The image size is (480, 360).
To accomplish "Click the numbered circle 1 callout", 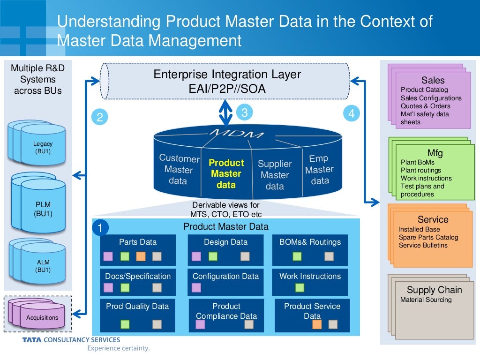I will tap(100, 228).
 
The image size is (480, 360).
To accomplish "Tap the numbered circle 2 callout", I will tap(100, 117).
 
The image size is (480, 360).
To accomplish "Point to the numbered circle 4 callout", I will tap(352, 113).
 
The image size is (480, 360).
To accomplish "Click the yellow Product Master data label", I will tap(226, 174).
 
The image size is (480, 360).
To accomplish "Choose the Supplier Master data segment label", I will tap(275, 175).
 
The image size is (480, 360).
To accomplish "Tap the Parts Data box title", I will tap(138, 242).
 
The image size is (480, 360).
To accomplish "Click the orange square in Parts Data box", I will tap(141, 256).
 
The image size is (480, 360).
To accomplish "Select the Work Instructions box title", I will tap(310, 276).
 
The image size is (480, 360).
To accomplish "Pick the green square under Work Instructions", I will tap(300, 287).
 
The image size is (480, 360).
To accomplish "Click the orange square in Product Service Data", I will tap(317, 324).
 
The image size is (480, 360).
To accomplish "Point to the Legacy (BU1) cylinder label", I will tap(43, 148).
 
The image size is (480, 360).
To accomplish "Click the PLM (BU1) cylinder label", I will tap(43, 209).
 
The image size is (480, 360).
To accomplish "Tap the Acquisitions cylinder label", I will tap(42, 318).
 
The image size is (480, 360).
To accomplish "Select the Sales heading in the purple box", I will tap(433, 80).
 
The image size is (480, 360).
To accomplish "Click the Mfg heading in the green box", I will tap(435, 153).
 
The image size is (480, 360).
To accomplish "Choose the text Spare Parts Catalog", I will tap(428, 237).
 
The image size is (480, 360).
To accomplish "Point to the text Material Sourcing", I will tap(426, 300).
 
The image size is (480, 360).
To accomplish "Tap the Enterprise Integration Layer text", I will tap(227, 75).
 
